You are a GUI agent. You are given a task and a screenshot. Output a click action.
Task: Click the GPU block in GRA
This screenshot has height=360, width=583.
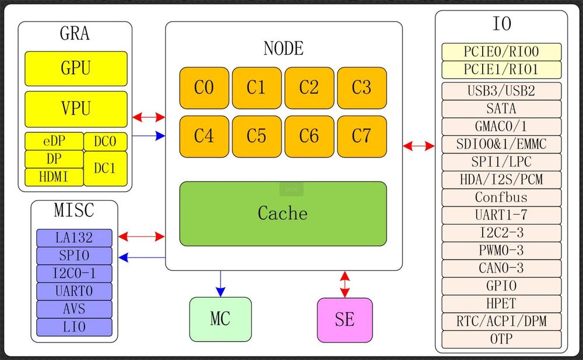click(76, 68)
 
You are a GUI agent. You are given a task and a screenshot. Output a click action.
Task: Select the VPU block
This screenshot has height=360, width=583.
click(76, 109)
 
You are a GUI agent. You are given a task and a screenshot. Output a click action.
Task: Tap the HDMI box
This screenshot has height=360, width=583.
click(54, 177)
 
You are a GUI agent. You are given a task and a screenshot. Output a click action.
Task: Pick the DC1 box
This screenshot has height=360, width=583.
click(106, 168)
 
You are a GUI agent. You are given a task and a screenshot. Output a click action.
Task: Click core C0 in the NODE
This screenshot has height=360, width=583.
click(204, 88)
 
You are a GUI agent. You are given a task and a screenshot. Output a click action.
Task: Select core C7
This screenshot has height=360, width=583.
click(362, 137)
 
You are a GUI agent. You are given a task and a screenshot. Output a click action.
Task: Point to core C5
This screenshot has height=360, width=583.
click(257, 137)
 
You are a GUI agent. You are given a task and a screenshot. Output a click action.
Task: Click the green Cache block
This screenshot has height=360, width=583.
click(283, 214)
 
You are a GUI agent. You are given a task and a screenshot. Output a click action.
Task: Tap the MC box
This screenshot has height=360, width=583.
click(220, 319)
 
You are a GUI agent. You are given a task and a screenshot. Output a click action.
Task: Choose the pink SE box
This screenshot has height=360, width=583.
click(345, 320)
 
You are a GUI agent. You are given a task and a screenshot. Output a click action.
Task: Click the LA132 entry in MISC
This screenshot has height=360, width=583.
click(74, 237)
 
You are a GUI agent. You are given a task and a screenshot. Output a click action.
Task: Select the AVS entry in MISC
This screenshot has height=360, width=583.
click(74, 309)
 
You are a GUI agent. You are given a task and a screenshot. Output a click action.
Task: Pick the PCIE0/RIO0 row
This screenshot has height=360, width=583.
click(501, 52)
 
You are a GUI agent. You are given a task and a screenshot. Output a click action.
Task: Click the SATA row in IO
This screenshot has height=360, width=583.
click(501, 109)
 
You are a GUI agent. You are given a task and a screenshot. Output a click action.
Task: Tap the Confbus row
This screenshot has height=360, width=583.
click(501, 197)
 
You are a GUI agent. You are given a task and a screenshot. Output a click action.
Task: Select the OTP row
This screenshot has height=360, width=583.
click(501, 339)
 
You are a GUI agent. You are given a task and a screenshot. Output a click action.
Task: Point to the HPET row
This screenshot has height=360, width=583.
click(501, 304)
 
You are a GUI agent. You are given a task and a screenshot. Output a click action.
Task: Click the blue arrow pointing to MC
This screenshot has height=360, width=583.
click(220, 284)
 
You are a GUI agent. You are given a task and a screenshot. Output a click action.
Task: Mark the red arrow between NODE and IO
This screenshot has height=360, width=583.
click(419, 146)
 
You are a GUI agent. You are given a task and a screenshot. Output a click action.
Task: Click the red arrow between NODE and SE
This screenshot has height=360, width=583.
click(345, 284)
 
